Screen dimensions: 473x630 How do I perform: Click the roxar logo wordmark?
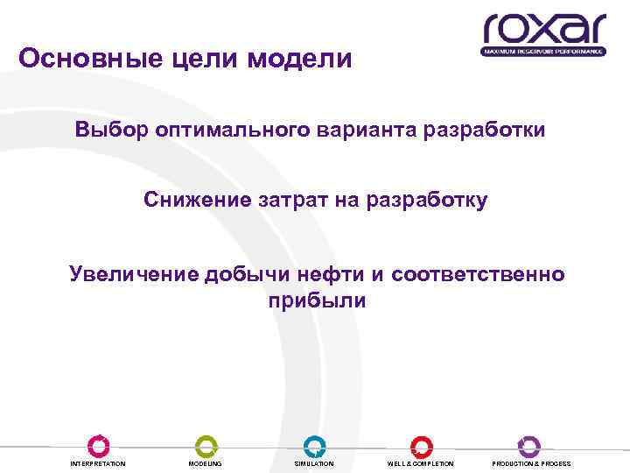pos(543,28)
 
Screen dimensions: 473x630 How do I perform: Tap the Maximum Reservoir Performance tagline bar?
pos(543,52)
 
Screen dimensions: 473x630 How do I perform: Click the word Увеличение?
pos(134,274)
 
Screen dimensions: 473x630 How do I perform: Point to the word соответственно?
pos(479,274)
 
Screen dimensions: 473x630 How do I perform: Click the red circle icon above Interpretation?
pos(98,445)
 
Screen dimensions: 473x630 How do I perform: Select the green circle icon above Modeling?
pos(206,445)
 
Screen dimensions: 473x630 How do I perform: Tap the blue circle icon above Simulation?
pos(314,445)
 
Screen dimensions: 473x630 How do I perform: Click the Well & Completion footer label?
pos(421,463)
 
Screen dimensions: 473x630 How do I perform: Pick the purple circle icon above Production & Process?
pos(529,445)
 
